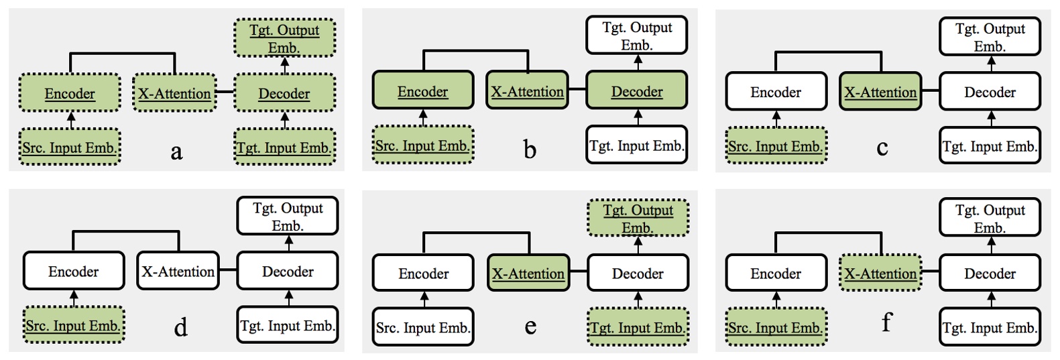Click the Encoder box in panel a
coord(70,93)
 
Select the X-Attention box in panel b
coord(527,91)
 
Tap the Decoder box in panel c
coord(990,93)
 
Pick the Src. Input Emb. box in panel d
coord(74,326)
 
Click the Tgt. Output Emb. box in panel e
coord(638,219)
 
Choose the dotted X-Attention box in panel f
coord(880,274)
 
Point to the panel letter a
coord(176,152)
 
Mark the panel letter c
coord(882,147)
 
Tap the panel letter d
coord(180,328)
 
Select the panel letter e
coord(530,326)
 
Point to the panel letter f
coord(886,323)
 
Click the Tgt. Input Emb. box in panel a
coord(284,147)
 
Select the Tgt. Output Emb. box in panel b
coord(637,36)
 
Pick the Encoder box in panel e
coord(423,274)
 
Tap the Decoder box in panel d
coord(288,272)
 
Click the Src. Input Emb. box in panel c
coord(776,146)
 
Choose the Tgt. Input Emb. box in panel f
coord(990,328)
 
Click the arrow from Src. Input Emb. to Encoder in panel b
coord(423,117)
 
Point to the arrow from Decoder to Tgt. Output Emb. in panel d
coord(289,243)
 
